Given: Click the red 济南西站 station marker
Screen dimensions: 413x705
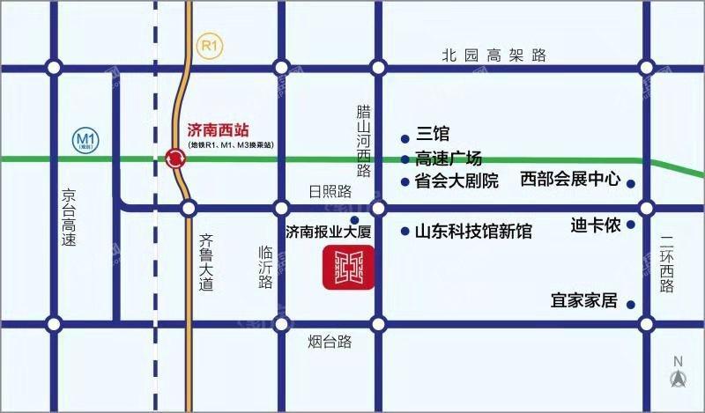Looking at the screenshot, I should [x=175, y=159].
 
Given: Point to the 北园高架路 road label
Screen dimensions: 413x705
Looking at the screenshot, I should [x=494, y=55].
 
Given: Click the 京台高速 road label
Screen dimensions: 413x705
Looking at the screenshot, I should [x=68, y=216].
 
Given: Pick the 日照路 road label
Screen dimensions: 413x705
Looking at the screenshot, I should [x=330, y=191].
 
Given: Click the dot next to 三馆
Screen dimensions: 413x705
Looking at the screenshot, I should [x=404, y=137].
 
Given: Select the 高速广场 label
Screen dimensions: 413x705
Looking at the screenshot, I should [x=449, y=159].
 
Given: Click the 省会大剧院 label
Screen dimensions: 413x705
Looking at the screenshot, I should [x=456, y=181].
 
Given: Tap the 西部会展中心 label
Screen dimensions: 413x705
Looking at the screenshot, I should [x=570, y=180].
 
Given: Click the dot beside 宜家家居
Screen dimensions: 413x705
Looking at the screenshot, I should [x=631, y=305].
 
